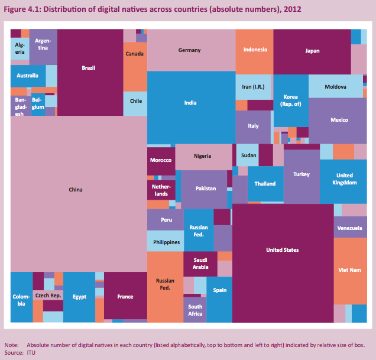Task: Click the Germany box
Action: (190, 50)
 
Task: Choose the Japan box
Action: (312, 51)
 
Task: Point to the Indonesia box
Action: (255, 50)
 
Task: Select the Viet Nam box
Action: (350, 270)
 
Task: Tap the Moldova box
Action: (335, 87)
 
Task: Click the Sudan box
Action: (247, 155)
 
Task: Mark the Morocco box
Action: (161, 160)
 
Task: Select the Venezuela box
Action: (350, 228)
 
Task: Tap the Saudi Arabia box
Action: (200, 263)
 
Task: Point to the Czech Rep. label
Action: (48, 295)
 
